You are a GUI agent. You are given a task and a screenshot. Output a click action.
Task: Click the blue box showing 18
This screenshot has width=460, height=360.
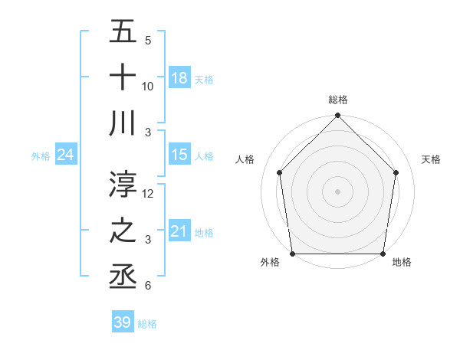click(x=179, y=78)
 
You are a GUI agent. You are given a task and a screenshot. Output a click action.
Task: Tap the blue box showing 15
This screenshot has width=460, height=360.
click(x=179, y=155)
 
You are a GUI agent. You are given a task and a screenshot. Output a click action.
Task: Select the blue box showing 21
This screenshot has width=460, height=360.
click(x=179, y=231)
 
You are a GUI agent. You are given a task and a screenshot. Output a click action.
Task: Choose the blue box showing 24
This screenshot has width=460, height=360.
click(x=65, y=155)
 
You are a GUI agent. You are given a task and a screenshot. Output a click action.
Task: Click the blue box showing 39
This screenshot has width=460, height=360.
click(x=123, y=322)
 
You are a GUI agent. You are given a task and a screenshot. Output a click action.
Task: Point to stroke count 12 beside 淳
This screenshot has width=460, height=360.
click(x=149, y=194)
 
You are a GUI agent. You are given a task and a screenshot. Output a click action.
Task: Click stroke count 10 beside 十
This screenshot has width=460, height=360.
click(x=148, y=87)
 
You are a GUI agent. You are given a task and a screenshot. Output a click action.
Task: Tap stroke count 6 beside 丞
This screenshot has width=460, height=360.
click(x=147, y=286)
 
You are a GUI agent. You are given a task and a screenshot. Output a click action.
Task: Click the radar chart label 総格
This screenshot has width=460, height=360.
click(x=337, y=100)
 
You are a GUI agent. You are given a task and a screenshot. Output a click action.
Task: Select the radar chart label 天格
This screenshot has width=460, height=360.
click(x=431, y=159)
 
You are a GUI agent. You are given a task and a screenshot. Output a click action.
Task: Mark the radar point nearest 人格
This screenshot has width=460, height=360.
click(x=280, y=172)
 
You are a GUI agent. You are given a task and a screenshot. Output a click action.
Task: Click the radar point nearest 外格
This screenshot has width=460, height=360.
click(x=292, y=254)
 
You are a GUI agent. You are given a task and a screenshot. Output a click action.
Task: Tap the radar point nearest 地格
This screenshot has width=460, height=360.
click(x=383, y=254)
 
